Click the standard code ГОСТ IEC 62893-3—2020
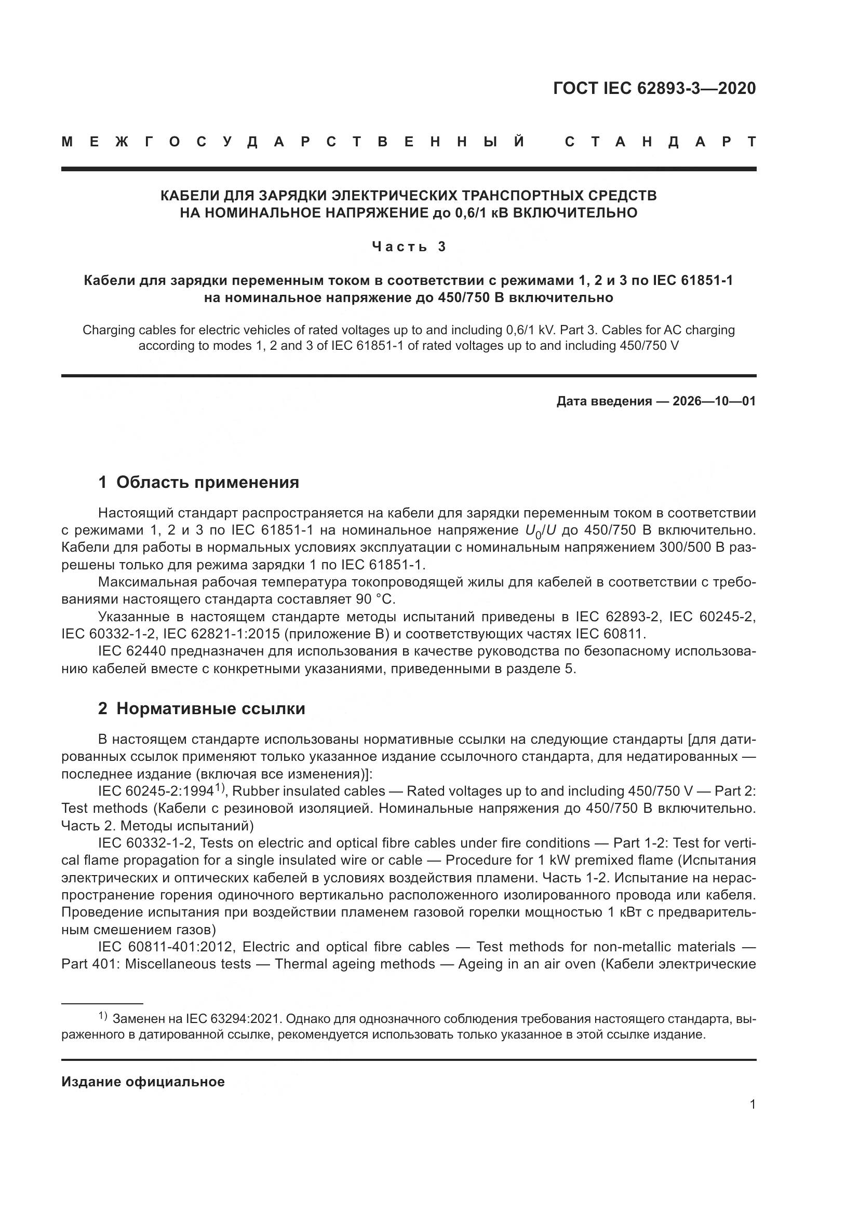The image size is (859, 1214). point(654,88)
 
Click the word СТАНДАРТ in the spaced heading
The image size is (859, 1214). point(660,142)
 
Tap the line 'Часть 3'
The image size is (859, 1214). point(409,247)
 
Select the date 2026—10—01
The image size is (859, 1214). point(714,401)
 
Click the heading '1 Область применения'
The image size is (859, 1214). point(198,482)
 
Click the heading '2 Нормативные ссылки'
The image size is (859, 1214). point(202,708)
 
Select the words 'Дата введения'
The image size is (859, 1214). point(603,401)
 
